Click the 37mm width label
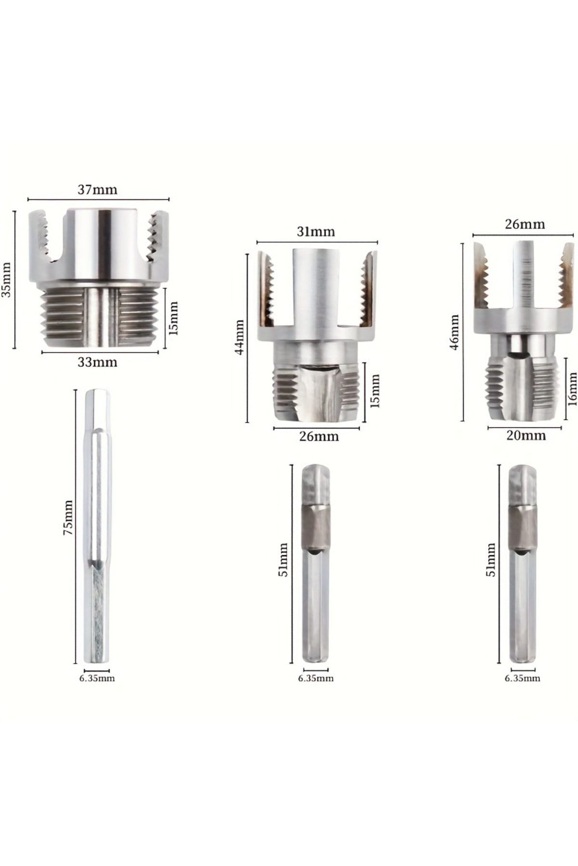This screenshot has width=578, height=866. [97, 190]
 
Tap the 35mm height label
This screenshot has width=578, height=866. [6, 280]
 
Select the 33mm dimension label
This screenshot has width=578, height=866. [97, 362]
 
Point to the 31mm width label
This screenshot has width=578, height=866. [315, 232]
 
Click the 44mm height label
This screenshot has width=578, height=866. [239, 337]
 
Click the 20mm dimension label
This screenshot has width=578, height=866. [526, 435]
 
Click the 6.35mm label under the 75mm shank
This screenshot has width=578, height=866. [97, 678]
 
